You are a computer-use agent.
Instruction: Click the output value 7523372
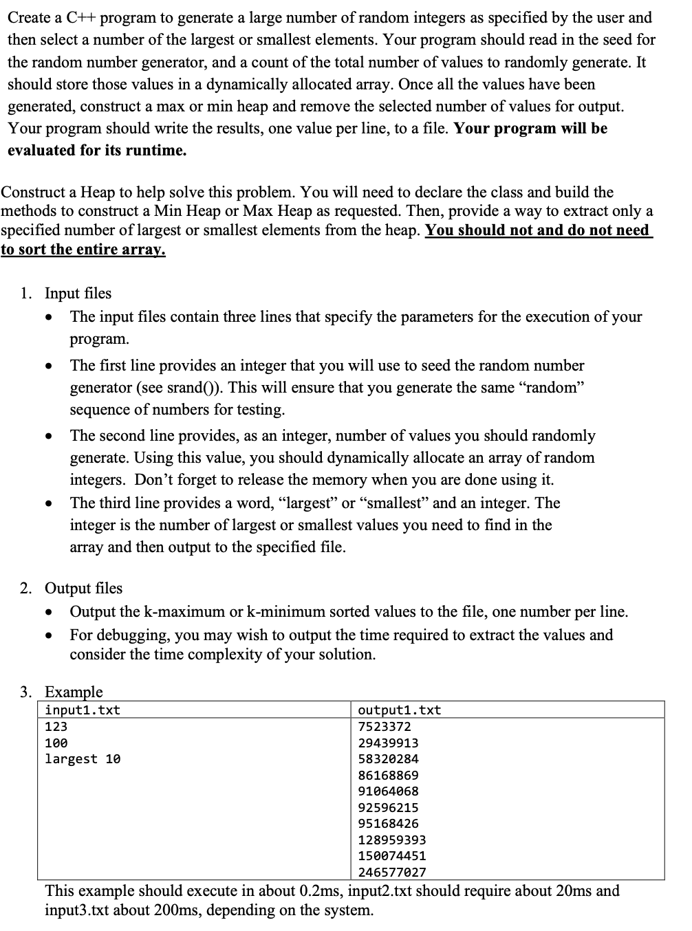click(x=385, y=727)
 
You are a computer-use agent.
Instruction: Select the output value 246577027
click(x=392, y=873)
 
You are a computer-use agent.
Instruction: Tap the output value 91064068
click(x=388, y=791)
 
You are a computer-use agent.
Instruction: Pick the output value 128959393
click(x=392, y=840)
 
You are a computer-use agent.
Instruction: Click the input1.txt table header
click(x=83, y=710)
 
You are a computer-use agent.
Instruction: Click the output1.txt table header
click(x=400, y=710)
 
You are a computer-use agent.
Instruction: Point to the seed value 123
click(x=56, y=727)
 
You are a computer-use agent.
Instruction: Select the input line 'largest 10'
click(x=83, y=759)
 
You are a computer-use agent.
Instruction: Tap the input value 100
click(x=56, y=743)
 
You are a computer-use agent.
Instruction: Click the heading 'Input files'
click(x=78, y=294)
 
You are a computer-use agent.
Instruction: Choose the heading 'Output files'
click(x=83, y=589)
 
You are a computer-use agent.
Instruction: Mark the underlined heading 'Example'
click(x=74, y=692)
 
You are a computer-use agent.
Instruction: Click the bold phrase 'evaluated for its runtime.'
click(x=97, y=151)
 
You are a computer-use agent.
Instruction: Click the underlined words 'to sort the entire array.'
click(x=83, y=250)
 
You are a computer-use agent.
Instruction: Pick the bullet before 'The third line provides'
click(x=48, y=504)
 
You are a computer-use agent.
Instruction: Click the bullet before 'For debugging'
click(x=48, y=635)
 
